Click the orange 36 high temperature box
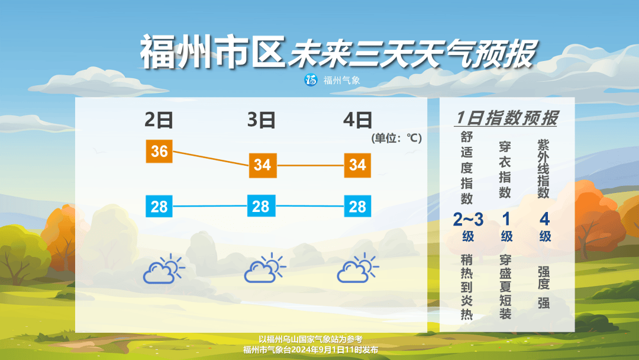point(159,152)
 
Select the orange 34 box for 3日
point(262,165)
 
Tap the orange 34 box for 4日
point(357,165)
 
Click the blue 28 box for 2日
point(159,207)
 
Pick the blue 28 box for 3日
point(261,207)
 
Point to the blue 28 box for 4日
point(357,207)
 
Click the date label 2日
point(159,120)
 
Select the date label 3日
point(262,120)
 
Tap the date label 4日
point(357,120)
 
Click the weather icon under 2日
point(164,269)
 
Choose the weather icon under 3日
point(265,269)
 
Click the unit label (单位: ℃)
point(396,139)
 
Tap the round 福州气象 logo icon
point(311,80)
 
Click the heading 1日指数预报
point(507,118)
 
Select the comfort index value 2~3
point(468,220)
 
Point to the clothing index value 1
point(506,220)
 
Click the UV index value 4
point(544,220)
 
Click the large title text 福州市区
point(212,52)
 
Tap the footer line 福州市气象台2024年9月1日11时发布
point(310,350)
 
